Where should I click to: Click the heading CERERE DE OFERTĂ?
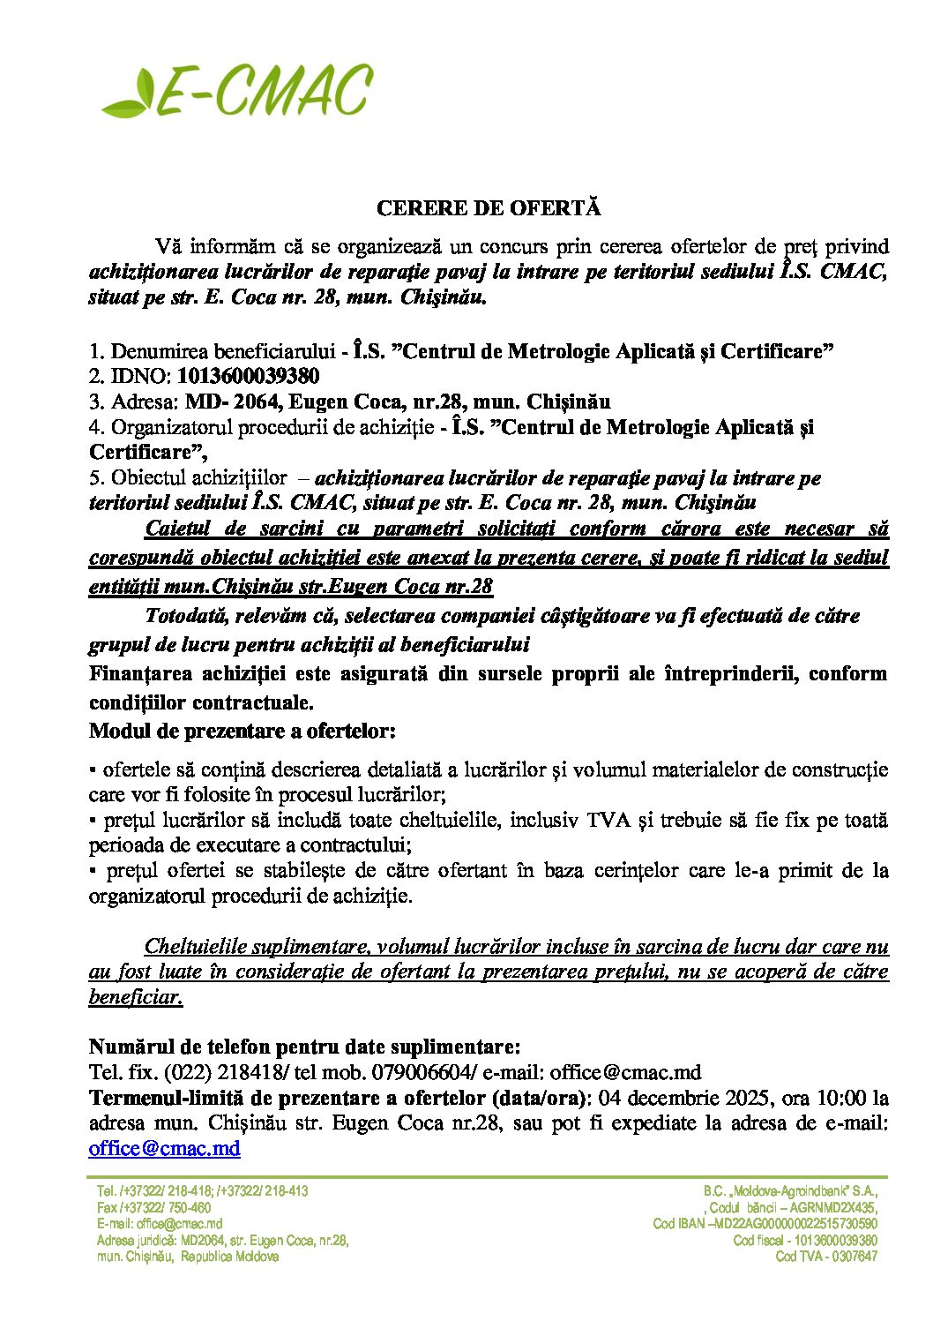pos(488,208)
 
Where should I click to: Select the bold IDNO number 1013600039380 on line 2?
pos(249,377)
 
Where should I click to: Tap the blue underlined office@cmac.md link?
pos(164,1148)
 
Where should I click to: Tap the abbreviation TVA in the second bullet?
pos(608,820)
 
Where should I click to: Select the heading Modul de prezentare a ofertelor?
pos(243,732)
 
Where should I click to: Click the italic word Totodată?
pos(184,615)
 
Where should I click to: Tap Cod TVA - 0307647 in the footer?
pos(825,1257)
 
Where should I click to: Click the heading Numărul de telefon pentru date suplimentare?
pos(304,1047)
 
